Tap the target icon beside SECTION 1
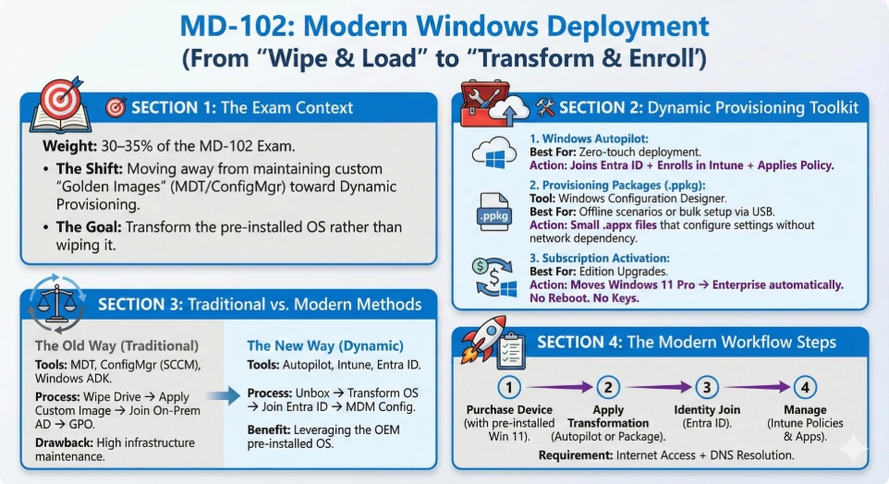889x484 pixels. [x=116, y=108]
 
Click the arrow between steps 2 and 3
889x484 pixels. [x=657, y=387]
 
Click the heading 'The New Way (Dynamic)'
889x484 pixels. [x=320, y=345]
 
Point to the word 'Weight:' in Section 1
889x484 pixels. [x=67, y=147]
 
